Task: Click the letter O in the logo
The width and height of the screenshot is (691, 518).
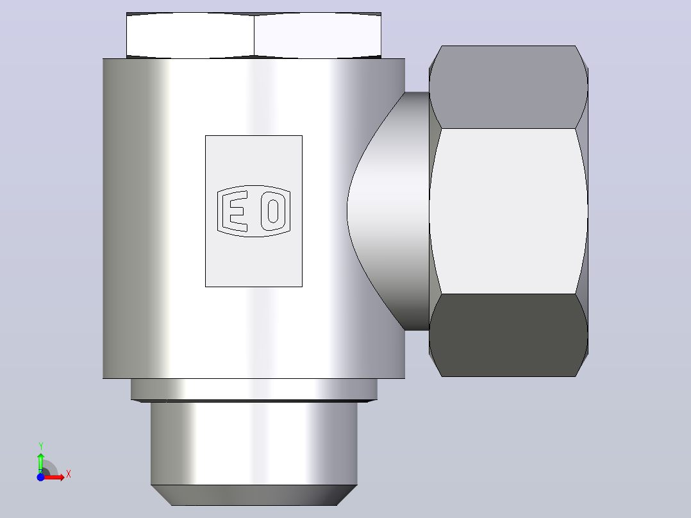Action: click(x=273, y=211)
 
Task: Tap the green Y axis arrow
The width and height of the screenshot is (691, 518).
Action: click(x=40, y=463)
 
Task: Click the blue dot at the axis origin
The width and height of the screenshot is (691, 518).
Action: click(x=40, y=477)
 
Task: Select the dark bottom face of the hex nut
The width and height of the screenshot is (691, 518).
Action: click(x=508, y=335)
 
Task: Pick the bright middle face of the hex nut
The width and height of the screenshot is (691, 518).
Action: click(x=508, y=211)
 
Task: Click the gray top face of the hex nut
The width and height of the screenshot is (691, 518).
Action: click(x=508, y=87)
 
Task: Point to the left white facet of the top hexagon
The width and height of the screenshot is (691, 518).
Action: click(x=190, y=35)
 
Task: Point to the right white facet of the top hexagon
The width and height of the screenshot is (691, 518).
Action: click(x=318, y=35)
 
